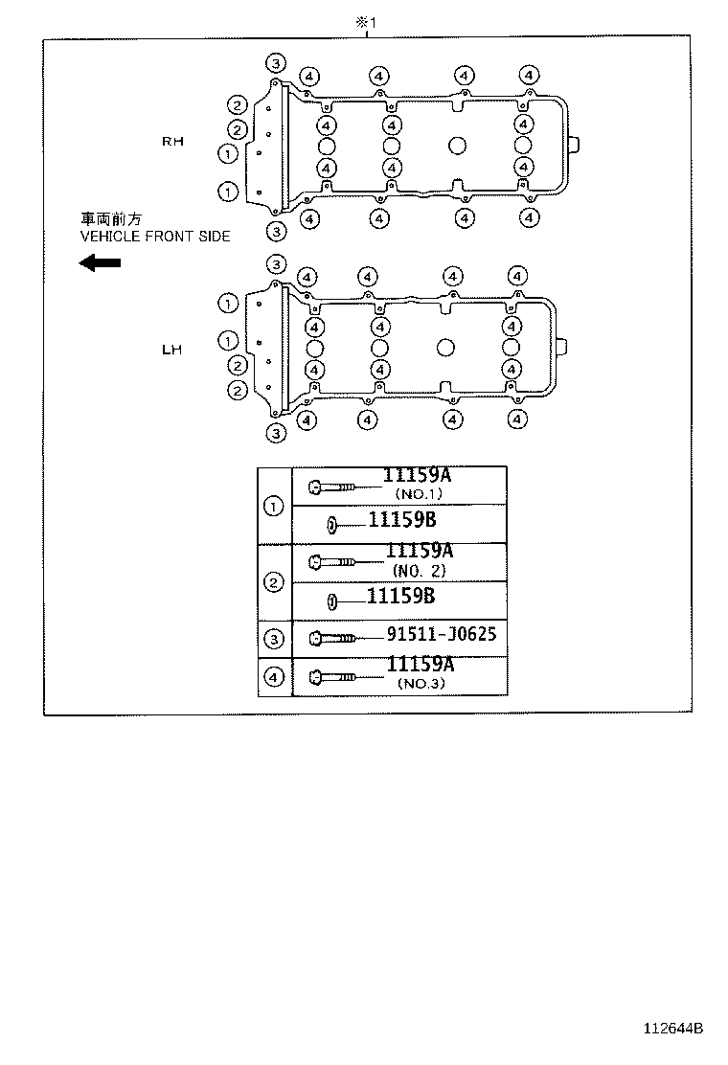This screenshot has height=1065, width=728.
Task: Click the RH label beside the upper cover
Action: coord(172,142)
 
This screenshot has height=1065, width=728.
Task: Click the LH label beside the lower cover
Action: coord(171,350)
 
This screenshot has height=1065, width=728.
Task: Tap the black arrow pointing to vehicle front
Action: coord(100,262)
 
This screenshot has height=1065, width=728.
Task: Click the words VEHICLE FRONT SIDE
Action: coord(155,237)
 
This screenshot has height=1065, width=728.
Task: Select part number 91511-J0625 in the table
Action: coord(442,634)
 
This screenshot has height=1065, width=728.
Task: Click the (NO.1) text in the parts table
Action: coord(419,494)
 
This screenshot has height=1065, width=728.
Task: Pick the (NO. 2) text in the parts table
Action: coord(419,571)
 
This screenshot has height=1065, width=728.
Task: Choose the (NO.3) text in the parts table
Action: coord(421,683)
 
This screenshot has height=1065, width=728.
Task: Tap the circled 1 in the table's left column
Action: coord(274,506)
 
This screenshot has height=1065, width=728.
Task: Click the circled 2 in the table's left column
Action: coord(274,582)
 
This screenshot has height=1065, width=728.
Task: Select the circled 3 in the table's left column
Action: coord(274,639)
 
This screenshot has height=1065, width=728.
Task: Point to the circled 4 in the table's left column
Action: coord(274,676)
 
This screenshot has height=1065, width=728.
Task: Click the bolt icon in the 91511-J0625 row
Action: coord(332,639)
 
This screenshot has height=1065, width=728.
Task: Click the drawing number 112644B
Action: coord(673,1029)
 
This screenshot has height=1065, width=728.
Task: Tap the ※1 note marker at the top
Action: coord(366,22)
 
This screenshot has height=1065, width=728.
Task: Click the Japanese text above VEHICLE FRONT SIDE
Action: coord(111,218)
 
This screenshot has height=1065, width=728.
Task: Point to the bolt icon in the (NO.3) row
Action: coord(332,677)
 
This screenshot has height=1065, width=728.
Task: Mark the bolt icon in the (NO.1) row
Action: coord(332,487)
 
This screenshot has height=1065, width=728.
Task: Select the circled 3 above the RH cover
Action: coord(276,64)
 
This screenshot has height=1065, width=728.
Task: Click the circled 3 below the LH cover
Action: coord(276,433)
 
